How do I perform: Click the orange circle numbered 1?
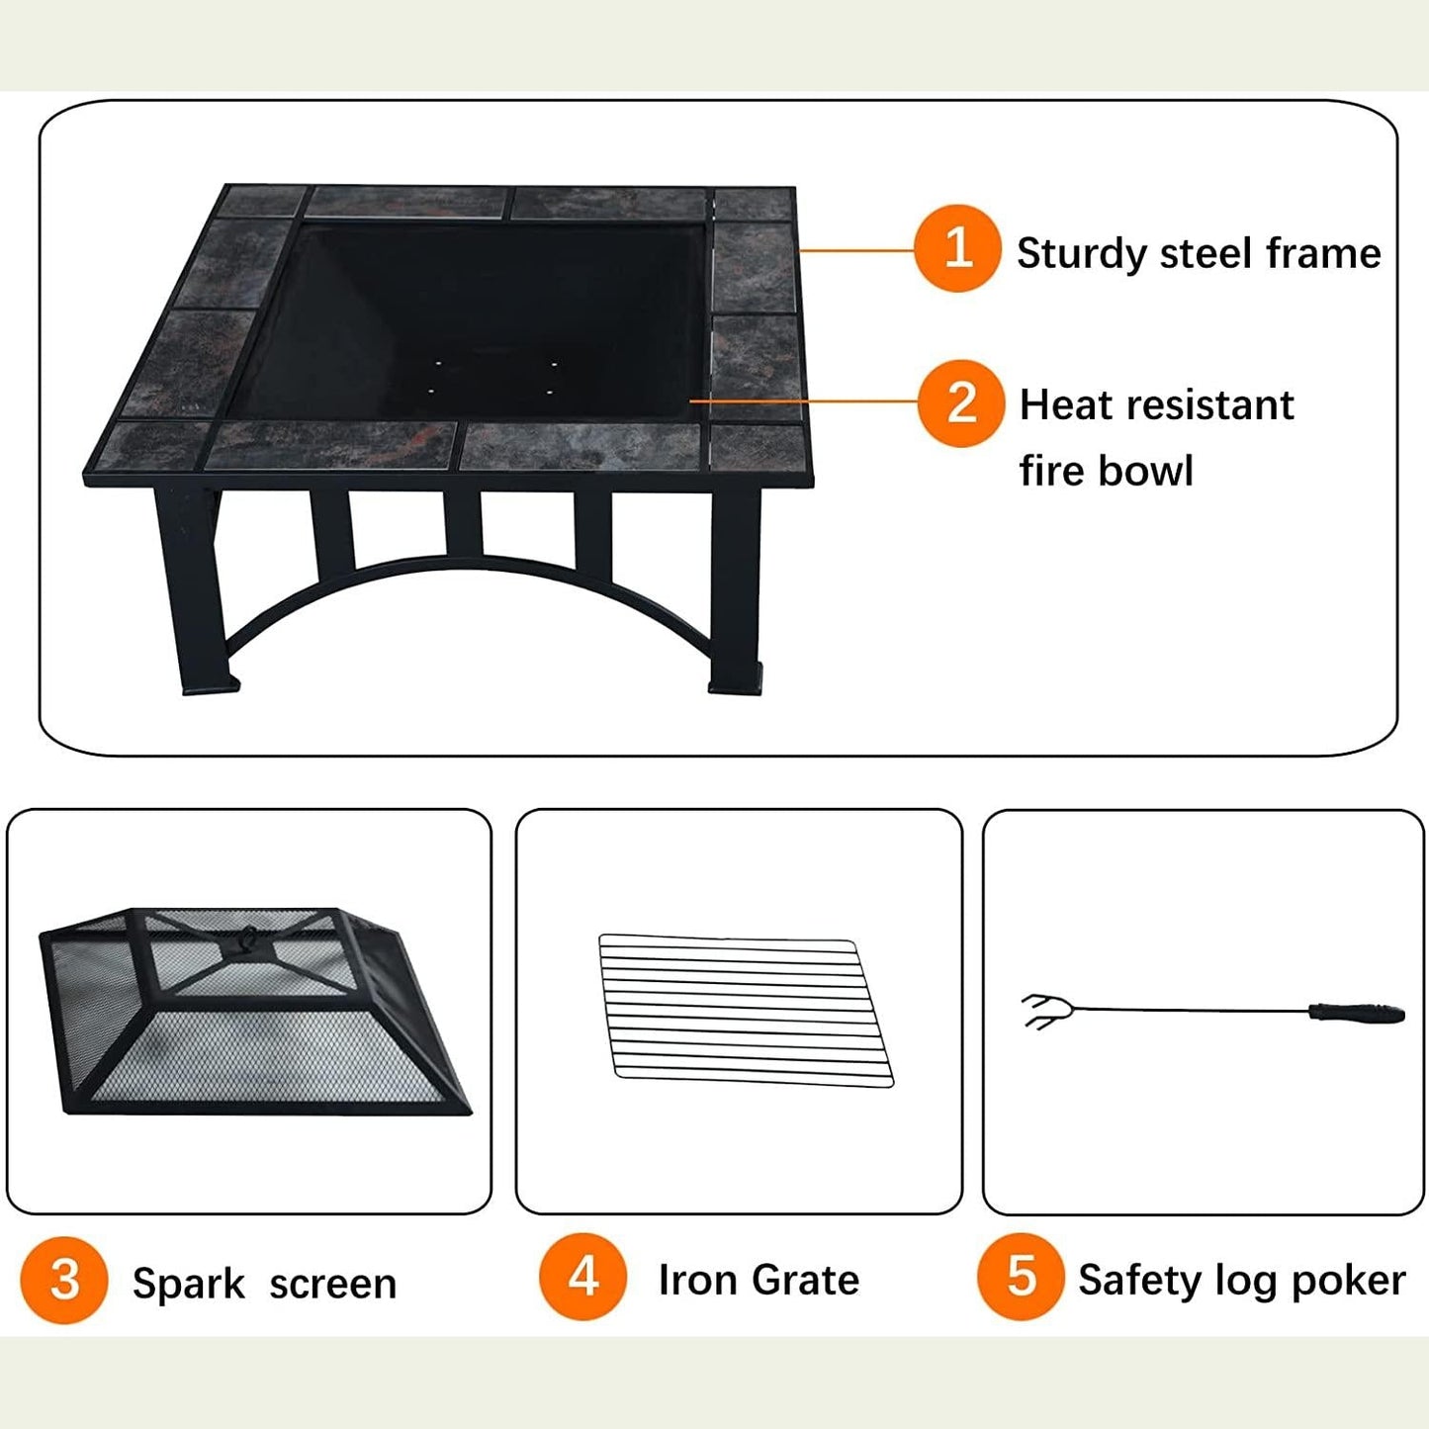coord(957,248)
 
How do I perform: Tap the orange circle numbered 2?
coord(961,403)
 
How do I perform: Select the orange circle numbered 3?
coord(64,1281)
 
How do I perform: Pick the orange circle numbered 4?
coord(582,1277)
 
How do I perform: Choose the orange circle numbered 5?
coord(1022,1277)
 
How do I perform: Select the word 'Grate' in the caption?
coord(805,1280)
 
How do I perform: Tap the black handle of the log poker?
coord(1357,1013)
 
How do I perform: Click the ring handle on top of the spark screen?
coord(248,938)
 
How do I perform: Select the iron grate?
coord(746,1010)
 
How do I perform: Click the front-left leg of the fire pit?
coord(194,590)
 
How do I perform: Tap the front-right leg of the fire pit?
coord(736,590)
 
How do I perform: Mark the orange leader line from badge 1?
coord(856,250)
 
